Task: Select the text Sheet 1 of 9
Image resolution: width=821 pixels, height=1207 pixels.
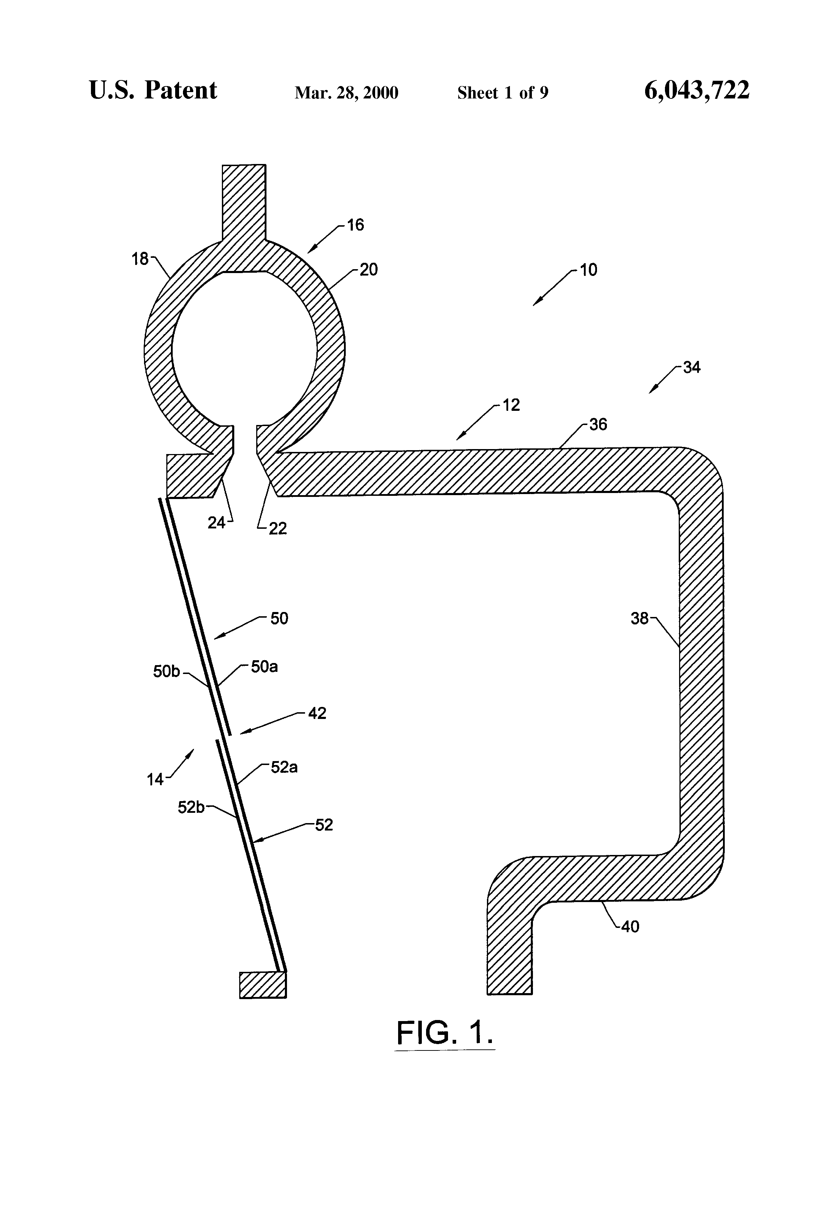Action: (503, 93)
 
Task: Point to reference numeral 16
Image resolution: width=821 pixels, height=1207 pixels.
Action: (356, 225)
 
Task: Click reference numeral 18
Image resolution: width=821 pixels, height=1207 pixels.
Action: (140, 259)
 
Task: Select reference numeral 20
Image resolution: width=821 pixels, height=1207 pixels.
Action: (368, 270)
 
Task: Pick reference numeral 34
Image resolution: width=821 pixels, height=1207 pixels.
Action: (692, 368)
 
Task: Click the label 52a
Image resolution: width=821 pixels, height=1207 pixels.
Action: (285, 767)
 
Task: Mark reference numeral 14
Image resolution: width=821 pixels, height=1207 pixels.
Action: (155, 780)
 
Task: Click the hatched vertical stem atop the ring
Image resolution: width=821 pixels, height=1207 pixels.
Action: (244, 204)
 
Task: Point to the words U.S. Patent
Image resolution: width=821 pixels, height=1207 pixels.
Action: (153, 90)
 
